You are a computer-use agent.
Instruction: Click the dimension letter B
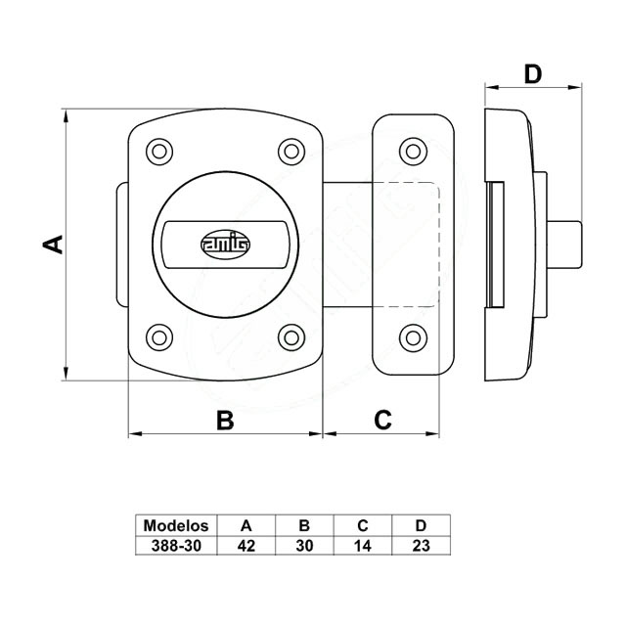225,420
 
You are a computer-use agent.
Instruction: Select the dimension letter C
383,420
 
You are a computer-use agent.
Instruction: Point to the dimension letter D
533,73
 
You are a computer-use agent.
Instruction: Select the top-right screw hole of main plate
291,151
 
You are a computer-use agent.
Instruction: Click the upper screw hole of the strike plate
414,151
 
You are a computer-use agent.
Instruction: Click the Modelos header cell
176,524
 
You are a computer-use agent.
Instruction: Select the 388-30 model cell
176,546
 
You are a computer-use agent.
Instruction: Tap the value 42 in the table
246,546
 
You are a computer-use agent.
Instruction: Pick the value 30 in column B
304,546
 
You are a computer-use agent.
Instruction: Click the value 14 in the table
363,546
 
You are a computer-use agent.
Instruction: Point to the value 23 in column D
422,546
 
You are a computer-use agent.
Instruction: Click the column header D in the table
422,524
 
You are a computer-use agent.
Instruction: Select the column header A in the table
246,524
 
